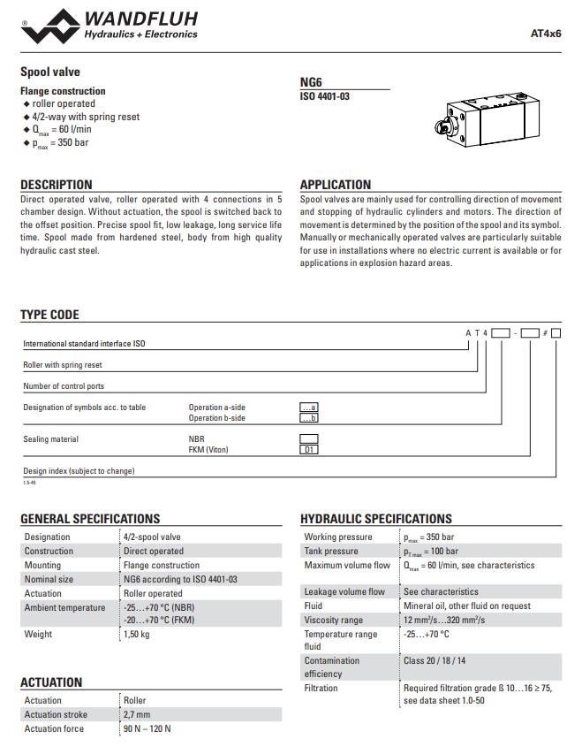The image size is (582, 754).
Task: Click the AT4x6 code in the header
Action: point(545,34)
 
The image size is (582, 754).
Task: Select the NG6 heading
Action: point(312,81)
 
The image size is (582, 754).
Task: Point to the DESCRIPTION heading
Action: point(57,185)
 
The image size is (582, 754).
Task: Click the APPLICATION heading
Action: point(336,185)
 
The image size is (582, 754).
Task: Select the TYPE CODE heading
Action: point(49,315)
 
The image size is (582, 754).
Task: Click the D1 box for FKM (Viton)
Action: point(309,450)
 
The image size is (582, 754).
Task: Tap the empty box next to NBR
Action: point(309,438)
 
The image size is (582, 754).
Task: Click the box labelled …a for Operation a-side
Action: point(309,407)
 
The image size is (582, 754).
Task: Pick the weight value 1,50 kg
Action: point(137,634)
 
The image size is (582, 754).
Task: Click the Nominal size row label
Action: point(49,579)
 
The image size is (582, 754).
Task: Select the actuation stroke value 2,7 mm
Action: point(137,714)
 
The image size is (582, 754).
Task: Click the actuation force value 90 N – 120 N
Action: point(147,728)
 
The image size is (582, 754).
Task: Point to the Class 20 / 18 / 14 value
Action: point(435,660)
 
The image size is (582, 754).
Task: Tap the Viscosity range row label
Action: point(334,620)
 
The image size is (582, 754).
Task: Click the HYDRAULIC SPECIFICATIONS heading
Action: point(376,519)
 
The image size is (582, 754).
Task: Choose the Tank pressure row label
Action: point(331,551)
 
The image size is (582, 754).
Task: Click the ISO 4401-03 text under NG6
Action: point(325,95)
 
